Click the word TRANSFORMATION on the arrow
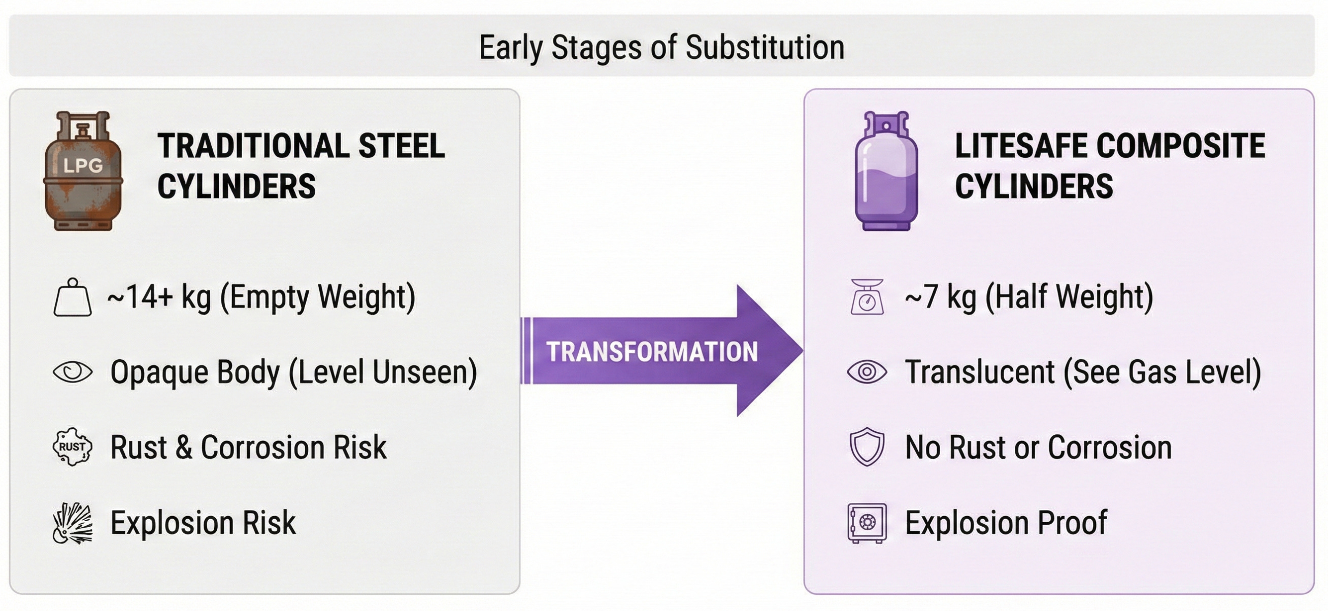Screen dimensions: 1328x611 652,352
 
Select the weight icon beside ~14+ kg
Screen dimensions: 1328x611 73,298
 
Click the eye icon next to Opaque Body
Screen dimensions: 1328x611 73,372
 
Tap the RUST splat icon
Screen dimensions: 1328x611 73,447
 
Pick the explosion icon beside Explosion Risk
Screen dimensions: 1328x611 73,523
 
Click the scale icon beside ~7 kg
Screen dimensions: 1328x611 867,297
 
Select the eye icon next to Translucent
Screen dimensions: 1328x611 867,372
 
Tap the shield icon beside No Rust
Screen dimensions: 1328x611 867,447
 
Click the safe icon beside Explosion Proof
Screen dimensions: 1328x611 867,523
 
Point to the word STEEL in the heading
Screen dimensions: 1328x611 401,146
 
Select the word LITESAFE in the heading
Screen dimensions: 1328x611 1021,146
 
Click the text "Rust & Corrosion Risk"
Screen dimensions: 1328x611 248,447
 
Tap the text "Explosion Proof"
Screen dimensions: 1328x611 1006,523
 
